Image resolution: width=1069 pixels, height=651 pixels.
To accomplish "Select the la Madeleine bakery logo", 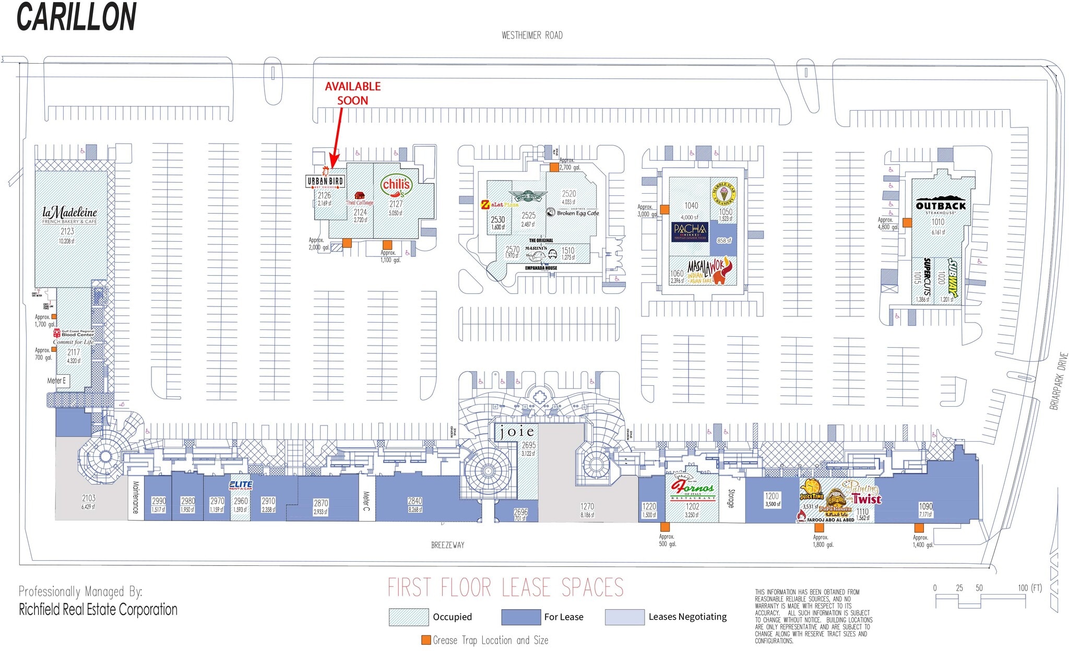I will (69, 215).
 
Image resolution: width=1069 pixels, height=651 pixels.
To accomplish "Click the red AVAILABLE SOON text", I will (353, 93).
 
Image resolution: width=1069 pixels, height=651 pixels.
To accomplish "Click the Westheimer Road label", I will (532, 35).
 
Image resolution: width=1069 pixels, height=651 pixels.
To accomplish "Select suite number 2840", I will (415, 501).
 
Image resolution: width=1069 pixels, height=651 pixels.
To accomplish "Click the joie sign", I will (516, 431).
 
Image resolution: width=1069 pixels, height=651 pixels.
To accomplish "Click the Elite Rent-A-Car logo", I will (241, 485).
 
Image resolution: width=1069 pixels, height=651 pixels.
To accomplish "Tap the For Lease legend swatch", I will (520, 617).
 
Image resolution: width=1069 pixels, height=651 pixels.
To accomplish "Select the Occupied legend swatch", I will (408, 617).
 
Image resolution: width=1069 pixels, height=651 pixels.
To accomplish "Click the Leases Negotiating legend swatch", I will (624, 617).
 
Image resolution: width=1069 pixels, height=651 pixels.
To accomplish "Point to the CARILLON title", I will (77, 17).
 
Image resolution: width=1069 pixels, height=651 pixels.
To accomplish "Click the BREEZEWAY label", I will (447, 545).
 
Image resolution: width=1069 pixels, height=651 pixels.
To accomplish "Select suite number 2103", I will (88, 498).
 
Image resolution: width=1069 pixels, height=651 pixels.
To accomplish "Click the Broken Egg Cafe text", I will (577, 213).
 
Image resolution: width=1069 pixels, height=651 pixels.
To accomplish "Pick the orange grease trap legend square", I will (426, 640).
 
